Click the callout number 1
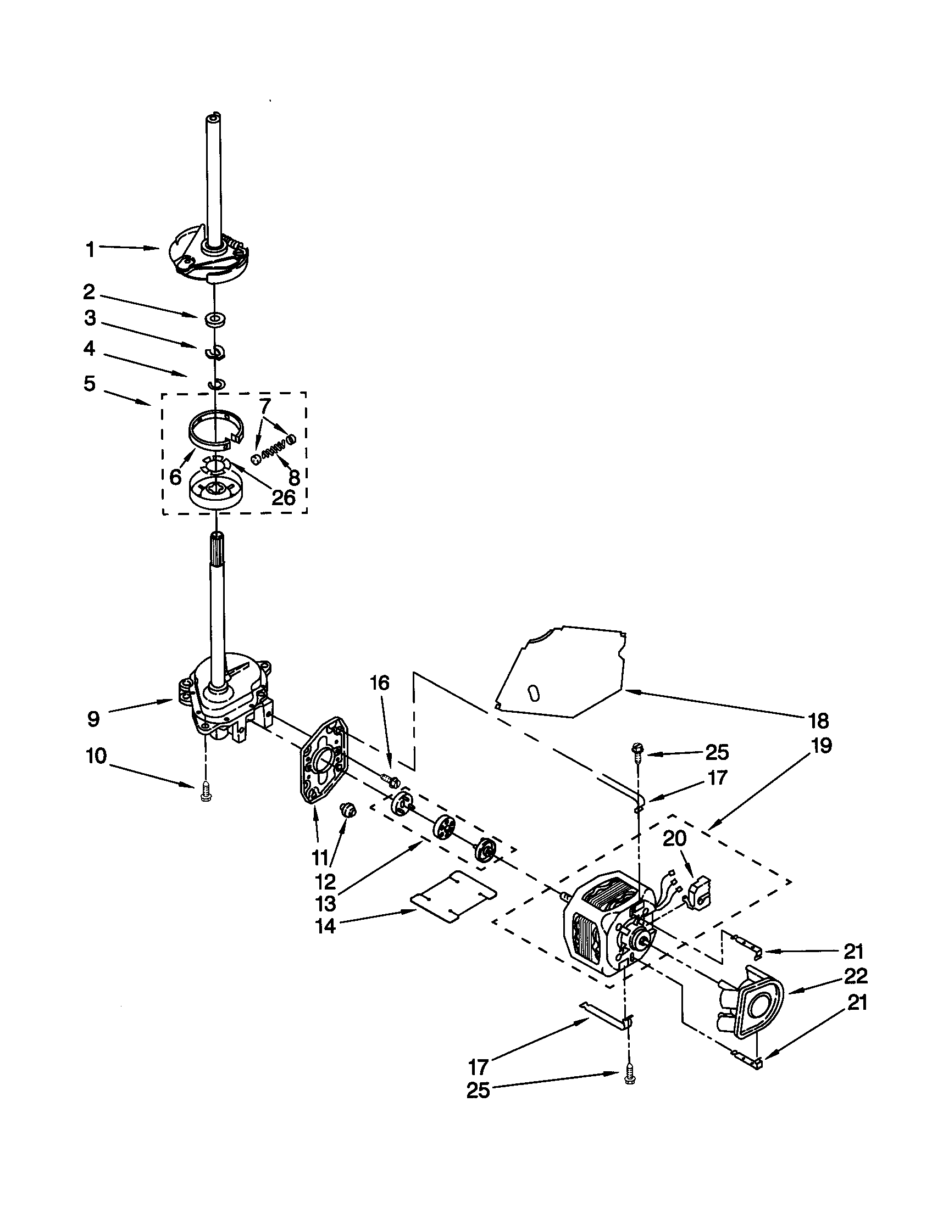pos(90,250)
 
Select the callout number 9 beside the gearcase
pos(93,719)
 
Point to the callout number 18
pos(819,721)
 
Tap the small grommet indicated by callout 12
pos(348,810)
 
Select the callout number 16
pos(380,683)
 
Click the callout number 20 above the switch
pos(674,838)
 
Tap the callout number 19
pos(822,746)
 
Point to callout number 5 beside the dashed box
pos(90,383)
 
